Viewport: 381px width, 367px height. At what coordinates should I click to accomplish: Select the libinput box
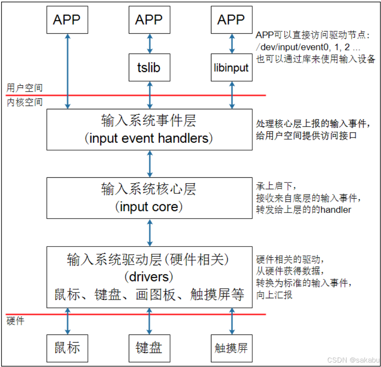pyautogui.click(x=231, y=68)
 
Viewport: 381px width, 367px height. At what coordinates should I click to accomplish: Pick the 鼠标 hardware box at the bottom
pyautogui.click(x=67, y=347)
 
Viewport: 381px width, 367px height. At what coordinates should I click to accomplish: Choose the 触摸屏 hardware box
pyautogui.click(x=231, y=347)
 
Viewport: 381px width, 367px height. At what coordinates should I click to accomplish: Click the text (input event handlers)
pyautogui.click(x=149, y=138)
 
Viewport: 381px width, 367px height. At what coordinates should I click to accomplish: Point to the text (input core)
pyautogui.click(x=149, y=207)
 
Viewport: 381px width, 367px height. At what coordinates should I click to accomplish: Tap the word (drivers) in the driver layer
pyautogui.click(x=149, y=277)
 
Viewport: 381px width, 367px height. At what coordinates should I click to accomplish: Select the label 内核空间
pyautogui.click(x=24, y=102)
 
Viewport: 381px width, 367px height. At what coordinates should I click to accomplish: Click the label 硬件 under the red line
pyautogui.click(x=16, y=321)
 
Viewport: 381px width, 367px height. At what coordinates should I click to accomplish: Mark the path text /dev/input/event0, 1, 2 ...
pyautogui.click(x=304, y=46)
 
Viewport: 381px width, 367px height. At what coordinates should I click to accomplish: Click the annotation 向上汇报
pyautogui.click(x=274, y=295)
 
